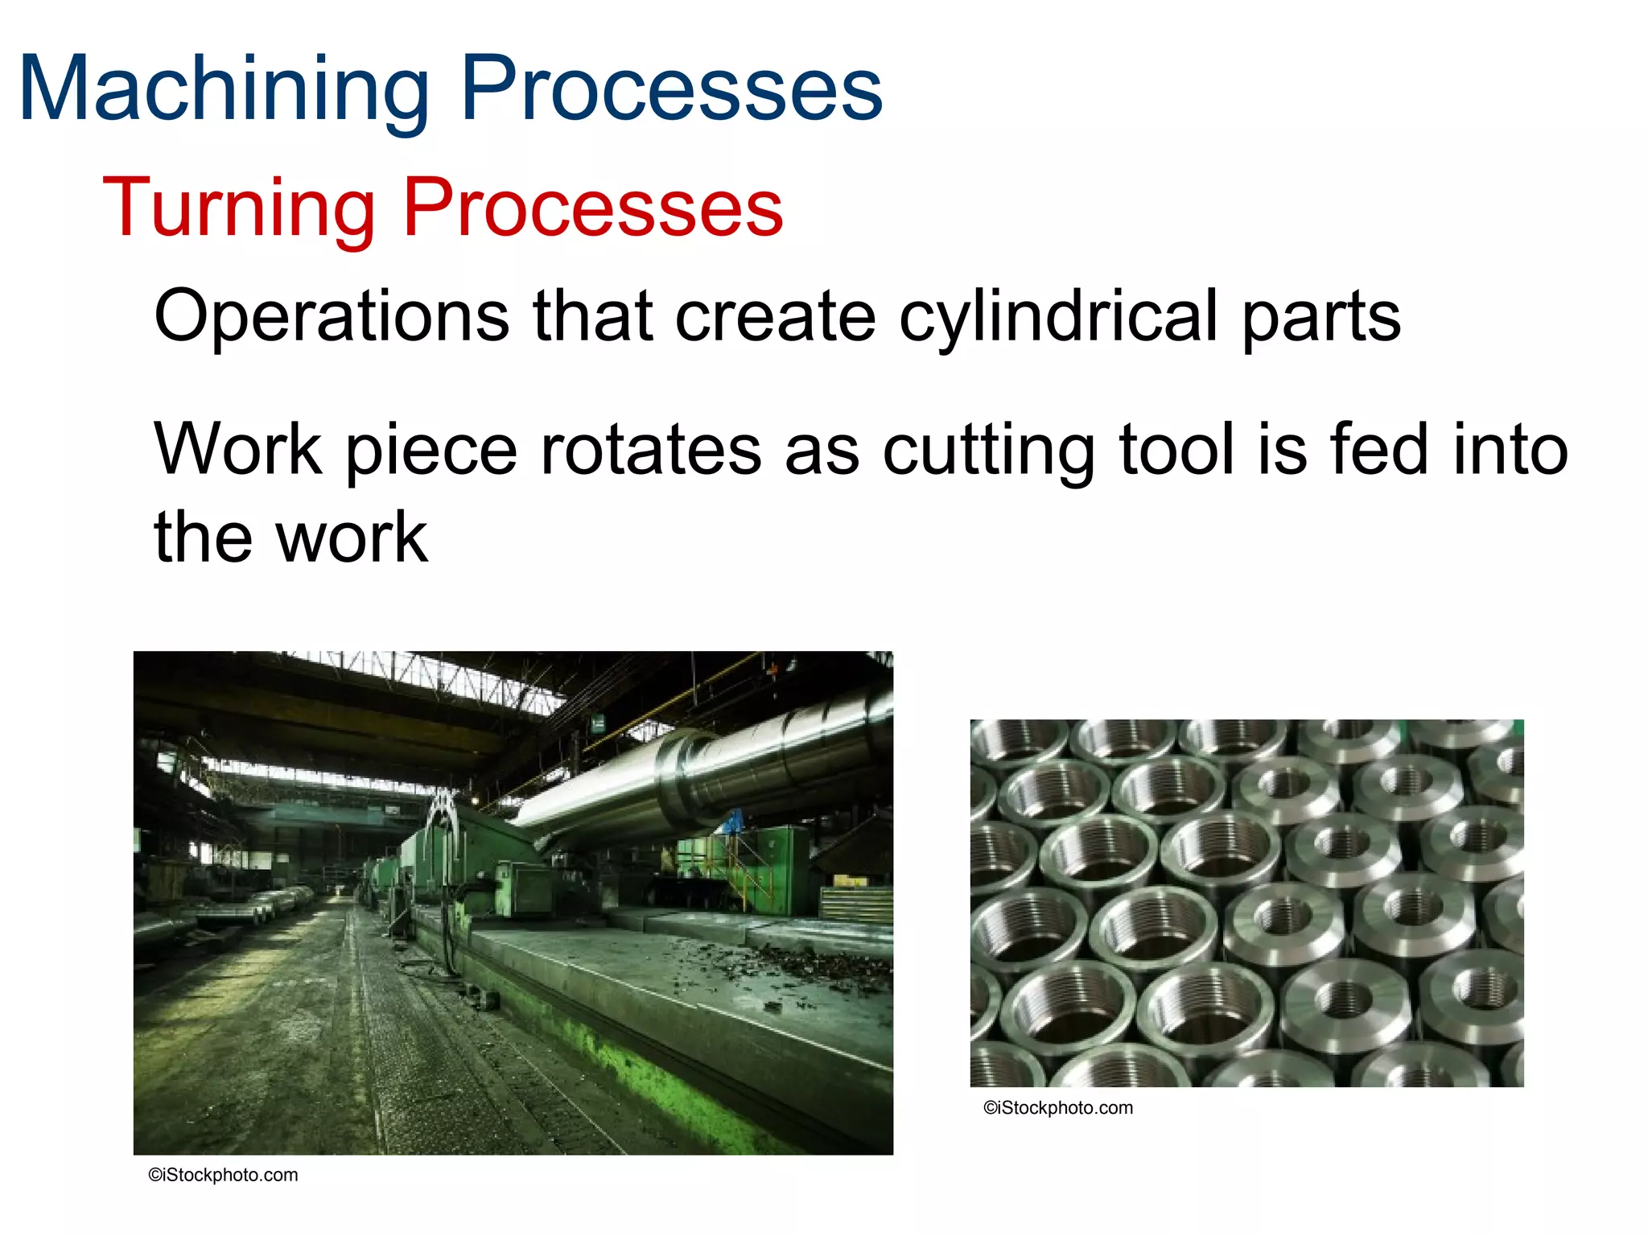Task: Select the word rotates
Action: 650,451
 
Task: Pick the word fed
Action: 1379,451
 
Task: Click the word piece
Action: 431,451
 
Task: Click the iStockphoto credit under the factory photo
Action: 223,1175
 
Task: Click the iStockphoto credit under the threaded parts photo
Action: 1057,1108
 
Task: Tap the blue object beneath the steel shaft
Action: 733,822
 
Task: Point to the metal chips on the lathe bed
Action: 805,962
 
